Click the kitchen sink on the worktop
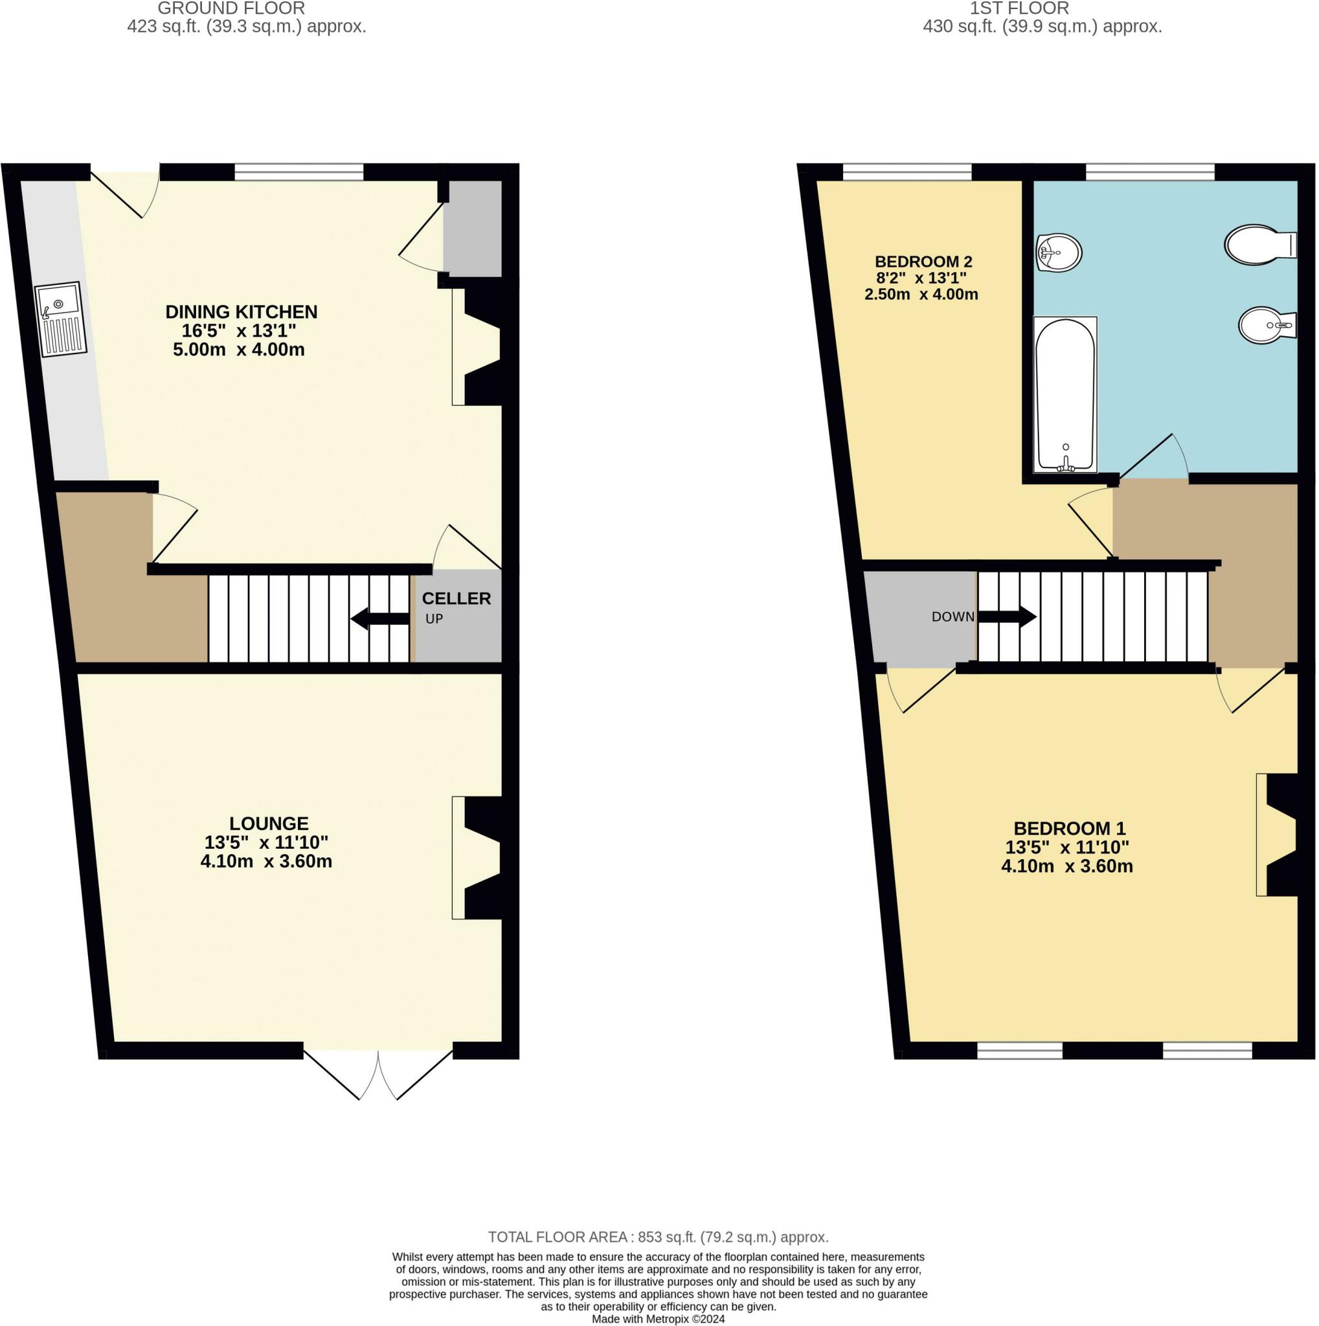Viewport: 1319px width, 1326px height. point(60,319)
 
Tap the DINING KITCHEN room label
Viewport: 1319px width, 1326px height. point(241,312)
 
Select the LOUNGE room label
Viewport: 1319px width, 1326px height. point(268,824)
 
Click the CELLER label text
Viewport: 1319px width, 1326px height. point(457,598)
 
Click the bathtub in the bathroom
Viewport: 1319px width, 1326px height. point(1065,396)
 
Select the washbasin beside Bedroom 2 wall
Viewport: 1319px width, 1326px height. point(1059,253)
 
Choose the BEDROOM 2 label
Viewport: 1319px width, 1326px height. point(923,262)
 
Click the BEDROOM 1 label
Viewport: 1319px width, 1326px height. point(1069,828)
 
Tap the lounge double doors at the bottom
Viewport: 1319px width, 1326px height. point(378,1073)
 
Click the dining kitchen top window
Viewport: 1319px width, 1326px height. point(299,172)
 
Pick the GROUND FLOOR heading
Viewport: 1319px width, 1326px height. point(231,9)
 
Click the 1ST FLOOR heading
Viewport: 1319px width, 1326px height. point(1019,9)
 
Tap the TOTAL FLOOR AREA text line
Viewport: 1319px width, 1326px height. point(658,1237)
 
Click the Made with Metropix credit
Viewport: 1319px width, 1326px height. point(658,1319)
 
